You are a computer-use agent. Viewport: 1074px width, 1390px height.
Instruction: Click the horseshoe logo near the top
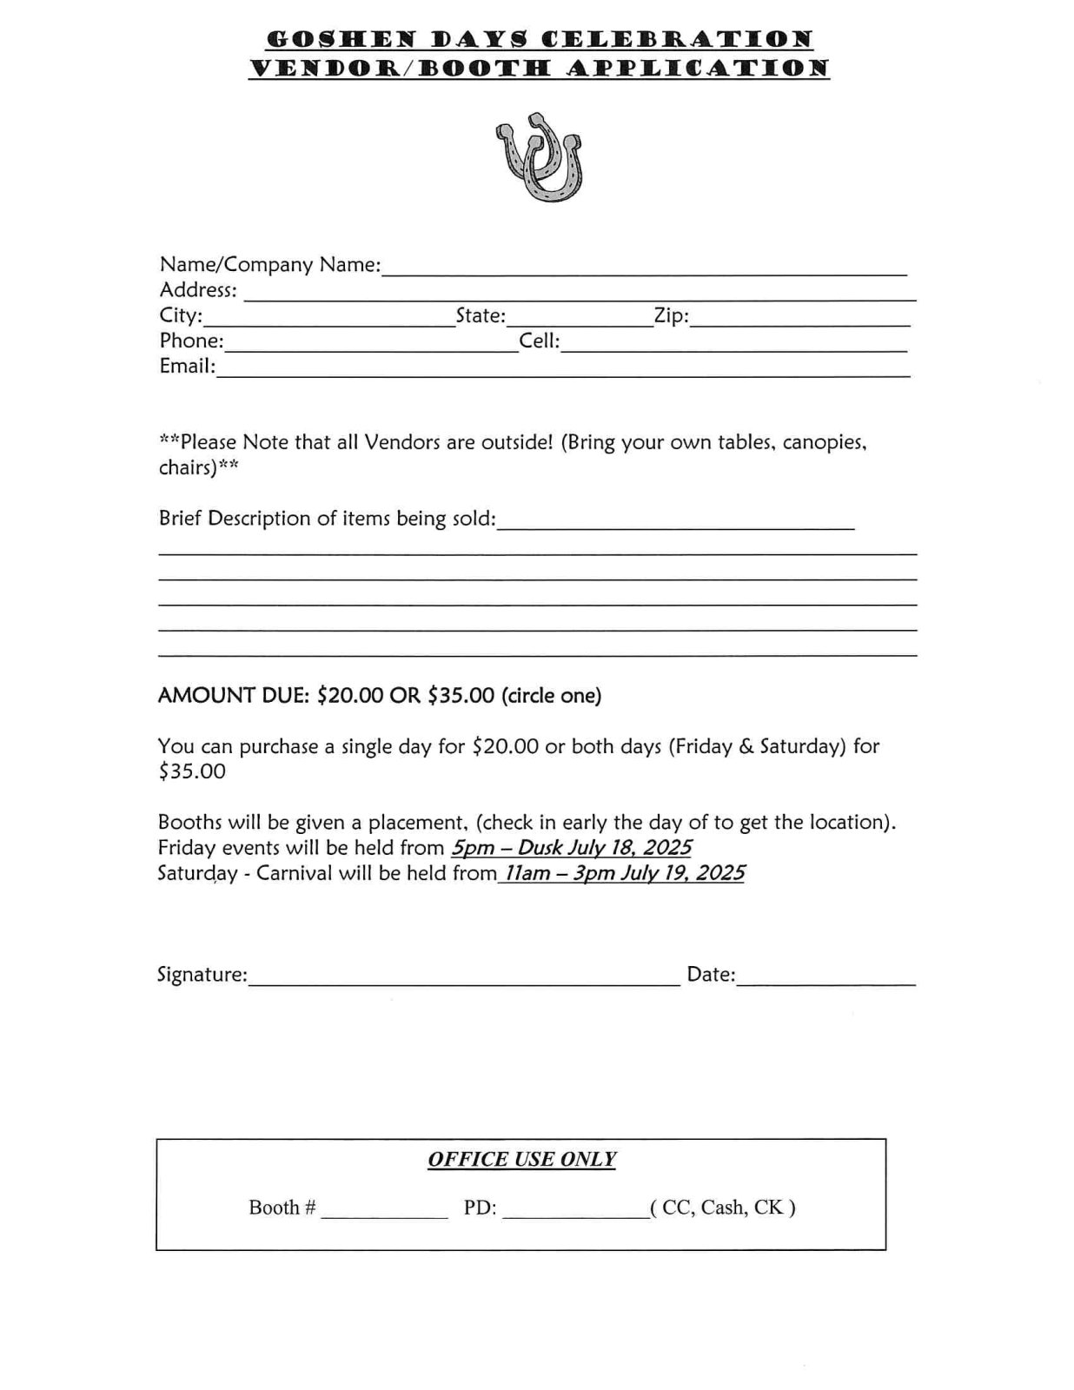[540, 156]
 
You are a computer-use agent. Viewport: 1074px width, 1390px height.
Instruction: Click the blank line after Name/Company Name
[644, 268]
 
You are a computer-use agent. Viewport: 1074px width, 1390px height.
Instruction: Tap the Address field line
[580, 293]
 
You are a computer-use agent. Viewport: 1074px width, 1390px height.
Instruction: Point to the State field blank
[580, 319]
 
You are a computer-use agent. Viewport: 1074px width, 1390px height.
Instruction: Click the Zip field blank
[799, 319]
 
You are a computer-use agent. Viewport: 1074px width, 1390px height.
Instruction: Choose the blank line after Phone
[371, 344]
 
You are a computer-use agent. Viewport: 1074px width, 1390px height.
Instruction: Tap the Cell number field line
[734, 344]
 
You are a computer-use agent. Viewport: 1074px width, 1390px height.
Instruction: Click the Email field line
[563, 369]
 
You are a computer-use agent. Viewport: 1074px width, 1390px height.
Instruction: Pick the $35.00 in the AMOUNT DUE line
[461, 696]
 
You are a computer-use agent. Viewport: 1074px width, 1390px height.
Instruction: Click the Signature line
[463, 978]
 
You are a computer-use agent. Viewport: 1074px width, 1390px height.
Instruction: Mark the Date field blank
[825, 978]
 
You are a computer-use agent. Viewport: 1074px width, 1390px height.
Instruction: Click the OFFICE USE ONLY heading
[521, 1160]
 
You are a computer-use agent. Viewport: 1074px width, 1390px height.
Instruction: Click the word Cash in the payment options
[723, 1208]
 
